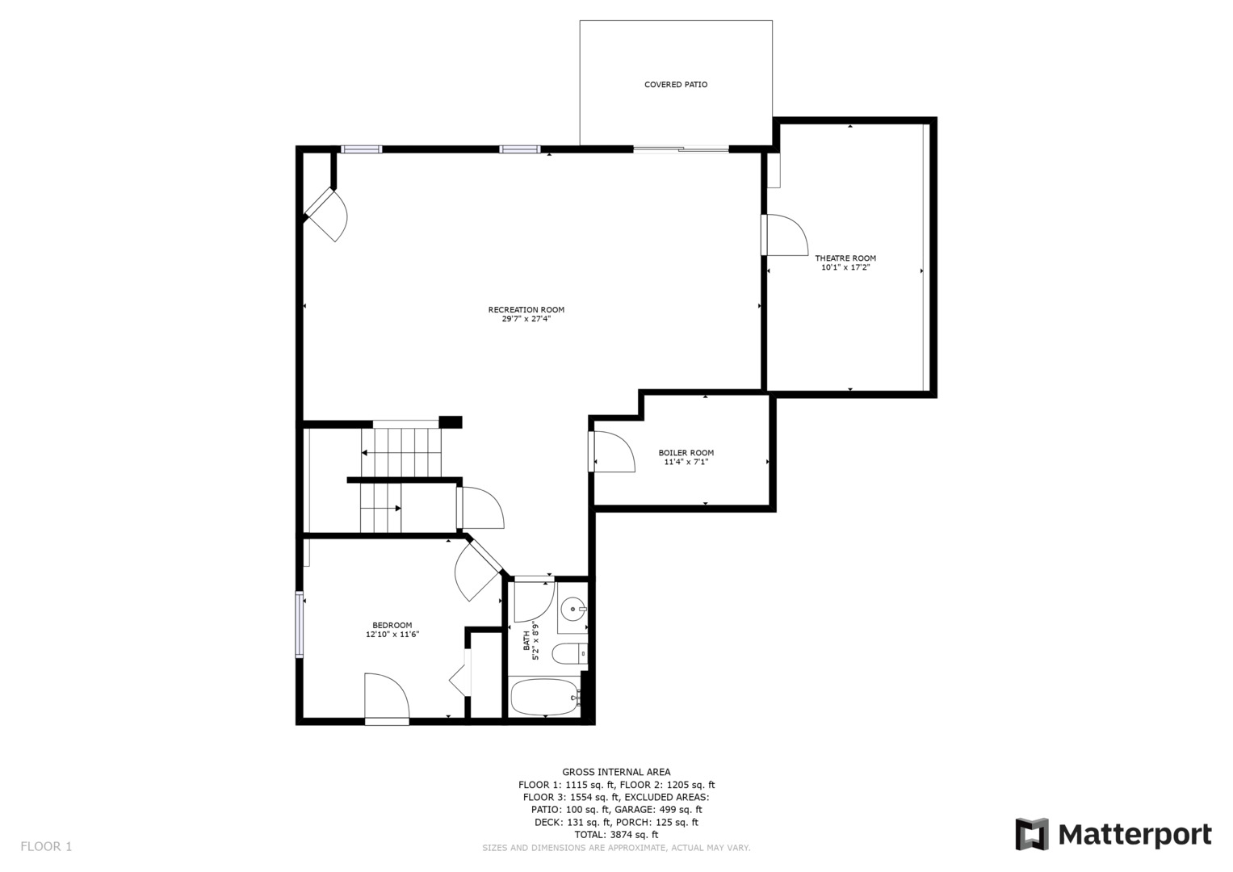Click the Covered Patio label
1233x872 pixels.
tap(676, 85)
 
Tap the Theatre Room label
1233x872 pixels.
tap(845, 258)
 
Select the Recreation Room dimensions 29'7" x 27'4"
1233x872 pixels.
tap(526, 319)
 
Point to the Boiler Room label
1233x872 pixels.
tap(686, 453)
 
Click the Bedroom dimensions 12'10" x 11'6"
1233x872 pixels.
tap(392, 634)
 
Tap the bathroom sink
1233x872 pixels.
tap(573, 610)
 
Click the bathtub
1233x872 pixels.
tap(546, 698)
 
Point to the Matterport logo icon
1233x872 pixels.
tap(1032, 834)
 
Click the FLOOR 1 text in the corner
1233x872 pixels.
tap(46, 847)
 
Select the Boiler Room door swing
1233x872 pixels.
tap(614, 452)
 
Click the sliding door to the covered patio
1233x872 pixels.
tap(681, 149)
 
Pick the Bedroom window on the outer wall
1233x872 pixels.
tap(300, 625)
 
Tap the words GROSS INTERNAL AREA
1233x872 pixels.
tap(617, 773)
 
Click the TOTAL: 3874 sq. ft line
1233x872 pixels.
tap(617, 835)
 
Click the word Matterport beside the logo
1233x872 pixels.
tap(1135, 835)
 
